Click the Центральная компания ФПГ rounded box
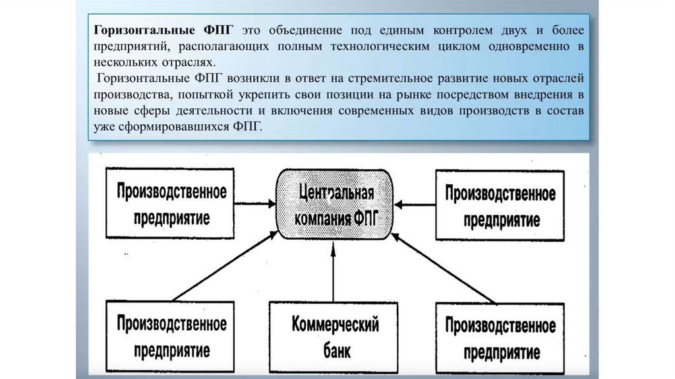336,205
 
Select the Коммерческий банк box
336,336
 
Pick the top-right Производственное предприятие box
500,204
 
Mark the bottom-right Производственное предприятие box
500,336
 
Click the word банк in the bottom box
336,349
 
